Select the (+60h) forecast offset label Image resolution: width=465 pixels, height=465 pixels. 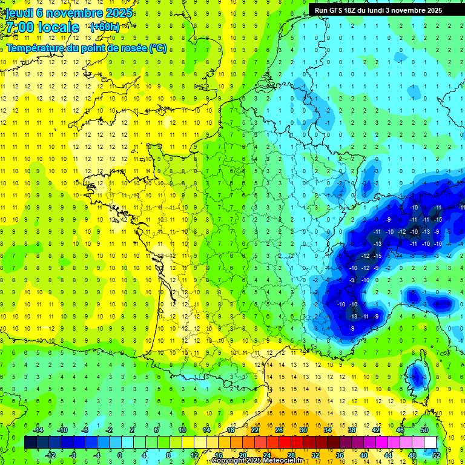(105, 27)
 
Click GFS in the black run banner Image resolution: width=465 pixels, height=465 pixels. (339, 10)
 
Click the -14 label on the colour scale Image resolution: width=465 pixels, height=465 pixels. (38, 430)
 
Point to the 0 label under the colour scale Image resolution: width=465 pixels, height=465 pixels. (120, 455)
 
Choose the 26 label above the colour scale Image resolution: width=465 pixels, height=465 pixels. (279, 430)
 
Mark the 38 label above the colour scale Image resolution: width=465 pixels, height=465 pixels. (351, 430)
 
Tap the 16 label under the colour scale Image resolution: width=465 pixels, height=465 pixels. (219, 455)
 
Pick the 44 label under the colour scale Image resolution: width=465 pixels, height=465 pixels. (388, 455)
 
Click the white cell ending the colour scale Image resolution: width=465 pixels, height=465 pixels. (430, 442)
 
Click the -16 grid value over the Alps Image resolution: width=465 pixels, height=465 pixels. (414, 232)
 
